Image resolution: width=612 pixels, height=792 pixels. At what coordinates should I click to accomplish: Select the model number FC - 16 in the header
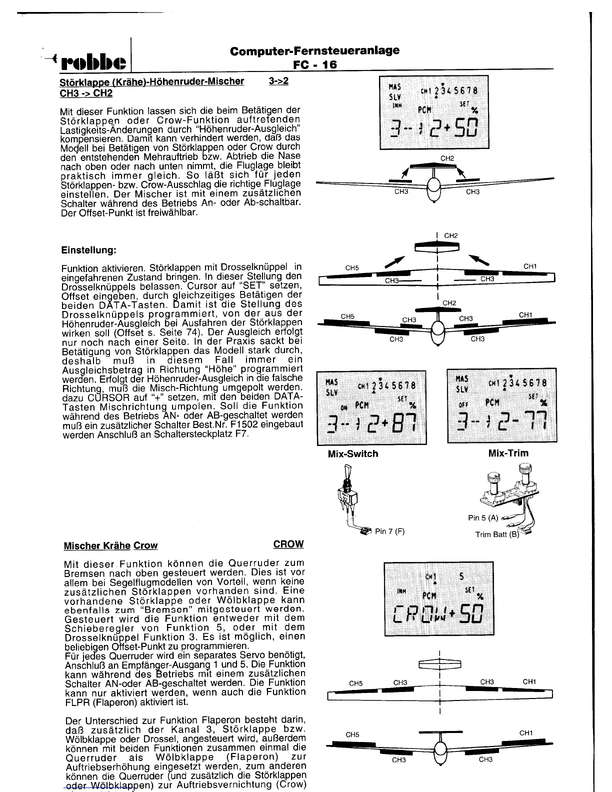pyautogui.click(x=315, y=64)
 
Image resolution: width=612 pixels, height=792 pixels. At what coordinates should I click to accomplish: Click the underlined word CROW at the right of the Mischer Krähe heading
pyautogui.click(x=288, y=544)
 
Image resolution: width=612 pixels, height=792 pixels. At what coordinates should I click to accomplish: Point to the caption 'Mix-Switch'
pyautogui.click(x=352, y=454)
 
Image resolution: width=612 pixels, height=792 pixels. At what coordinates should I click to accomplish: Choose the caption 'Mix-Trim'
pyautogui.click(x=508, y=453)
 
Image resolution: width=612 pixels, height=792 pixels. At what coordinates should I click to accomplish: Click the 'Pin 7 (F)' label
pyautogui.click(x=389, y=531)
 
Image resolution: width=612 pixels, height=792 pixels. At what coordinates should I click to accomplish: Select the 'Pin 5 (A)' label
pyautogui.click(x=483, y=518)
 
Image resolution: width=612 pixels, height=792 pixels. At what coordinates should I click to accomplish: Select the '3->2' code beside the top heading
pyautogui.click(x=278, y=81)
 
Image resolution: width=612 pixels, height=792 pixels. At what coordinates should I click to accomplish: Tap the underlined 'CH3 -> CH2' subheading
pyautogui.click(x=86, y=93)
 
